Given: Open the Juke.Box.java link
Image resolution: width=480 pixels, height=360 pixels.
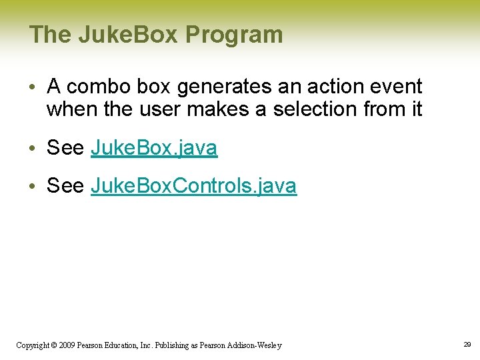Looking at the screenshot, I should coord(154,148).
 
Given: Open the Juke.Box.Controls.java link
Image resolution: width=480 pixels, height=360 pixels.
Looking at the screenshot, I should coord(193,186).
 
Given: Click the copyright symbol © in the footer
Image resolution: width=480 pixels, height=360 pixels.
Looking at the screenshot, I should coord(53,345).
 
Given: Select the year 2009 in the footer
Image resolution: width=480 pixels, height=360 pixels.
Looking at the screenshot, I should coord(67,345).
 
